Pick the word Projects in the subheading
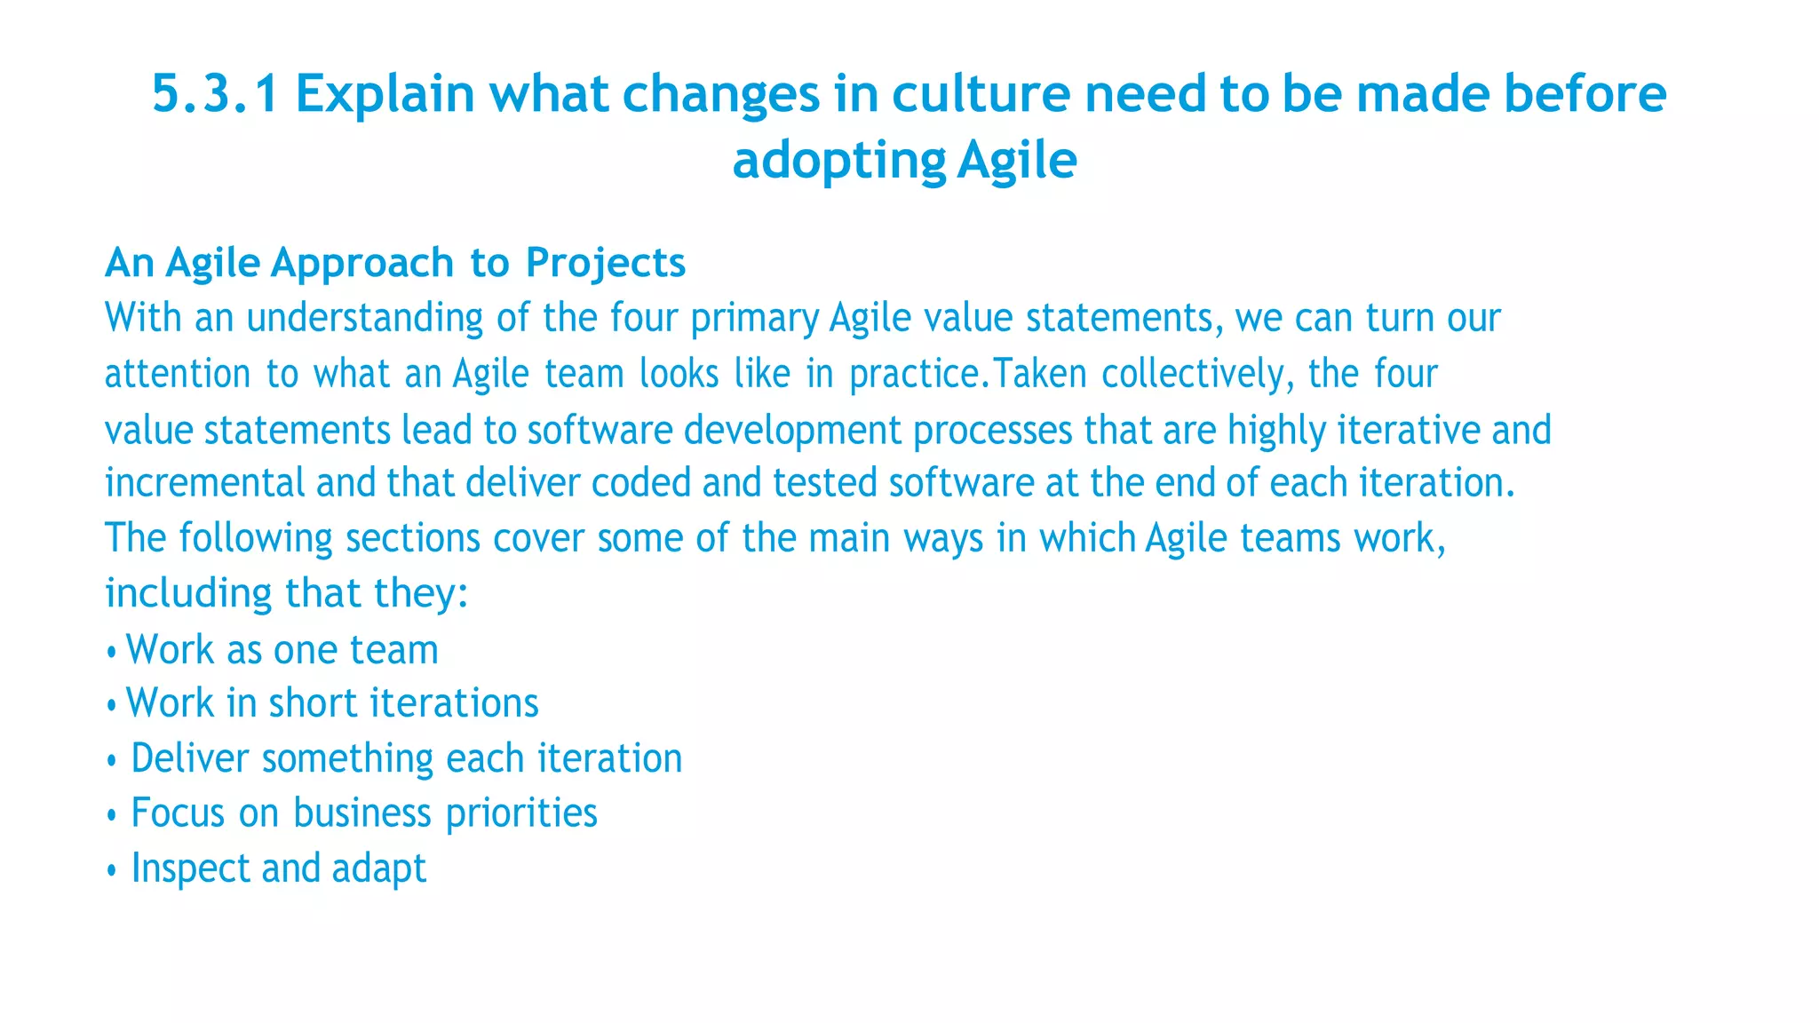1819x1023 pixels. pos(605,263)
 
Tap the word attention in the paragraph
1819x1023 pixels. pos(178,374)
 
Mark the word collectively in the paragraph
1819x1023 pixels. pos(1193,374)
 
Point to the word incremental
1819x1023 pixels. pos(204,483)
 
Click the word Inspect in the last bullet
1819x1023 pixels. pos(189,868)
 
